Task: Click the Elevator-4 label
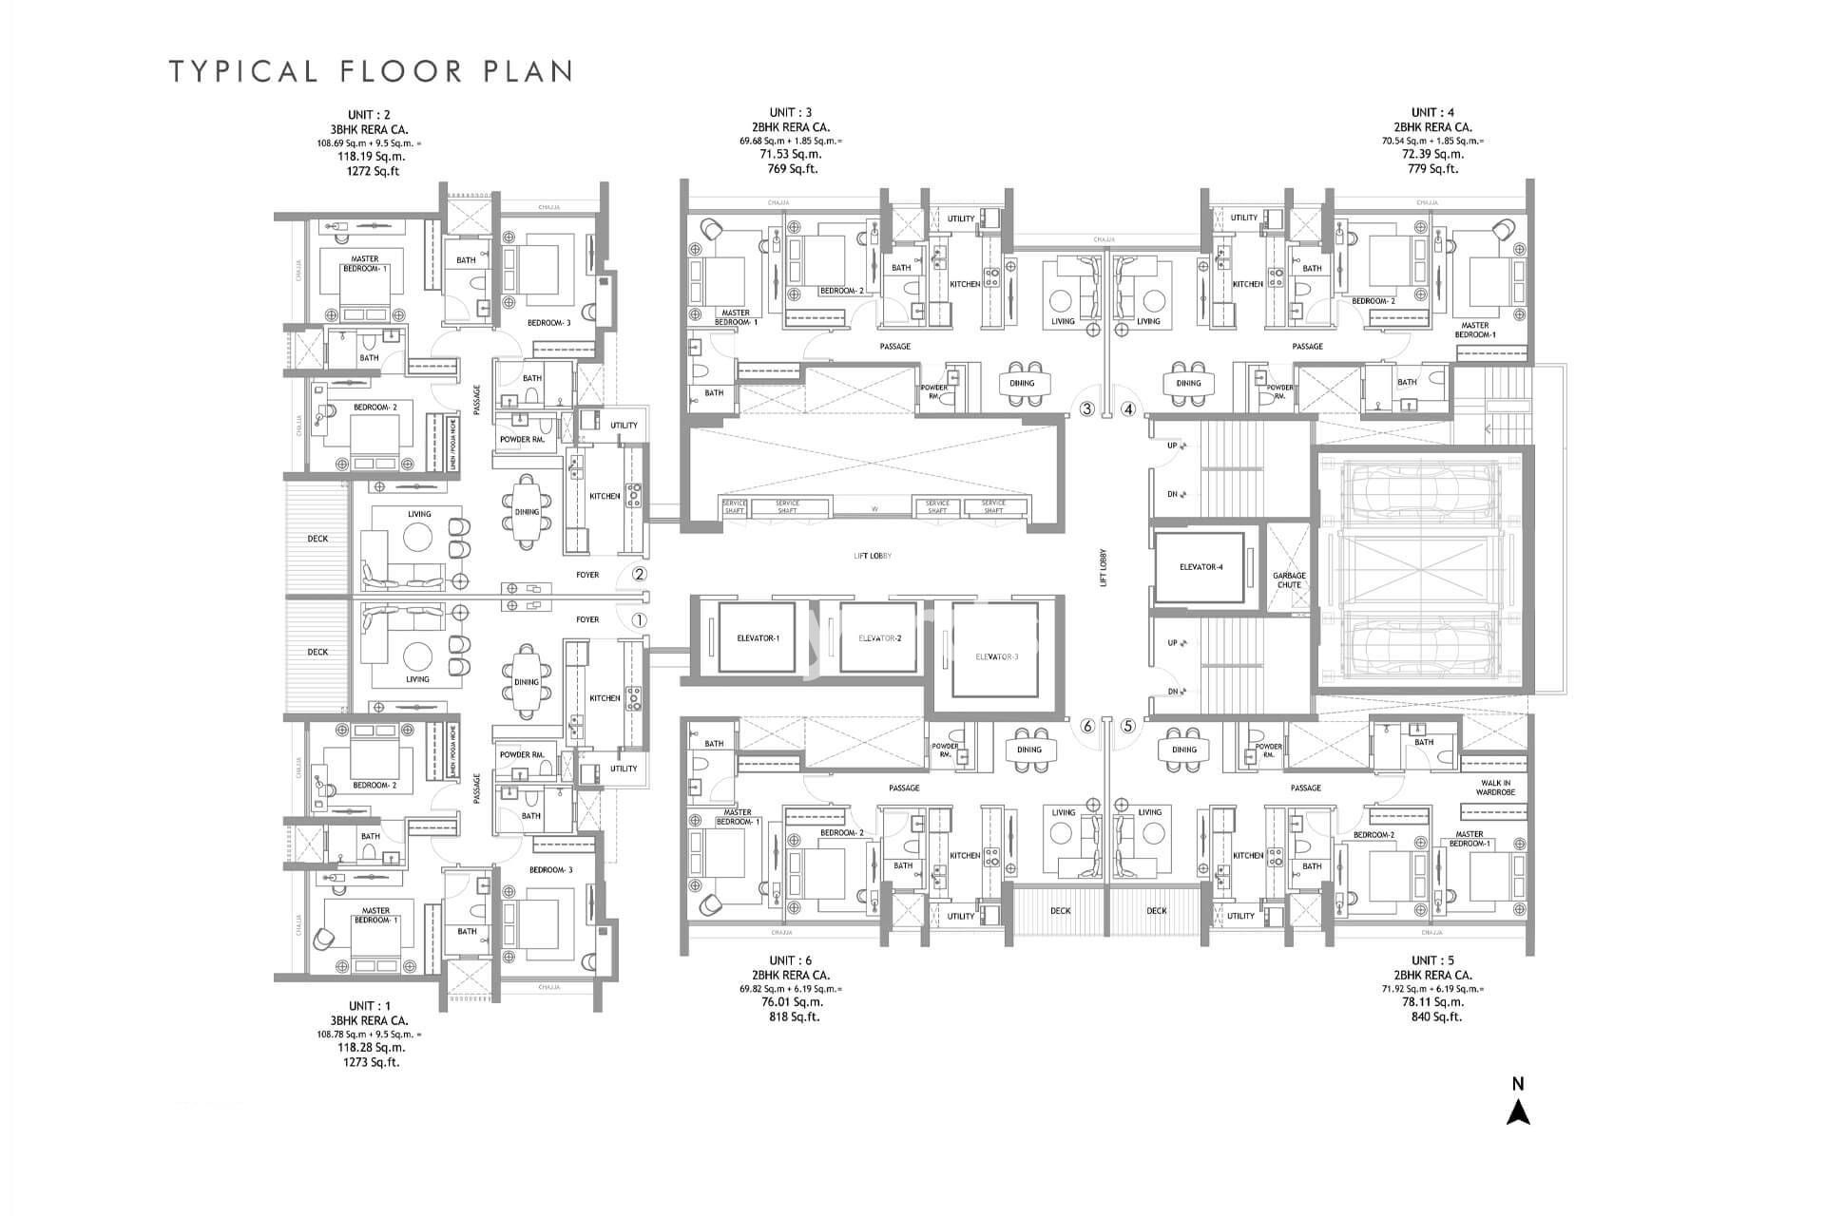click(x=1201, y=567)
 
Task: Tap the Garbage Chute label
click(x=1289, y=579)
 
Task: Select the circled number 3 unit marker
click(x=1087, y=410)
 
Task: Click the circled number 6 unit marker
click(x=1087, y=727)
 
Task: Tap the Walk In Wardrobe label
click(x=1495, y=788)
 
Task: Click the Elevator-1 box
click(x=758, y=637)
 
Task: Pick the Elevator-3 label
click(x=996, y=656)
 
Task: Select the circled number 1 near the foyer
click(x=639, y=619)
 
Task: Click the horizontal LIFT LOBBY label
click(x=872, y=556)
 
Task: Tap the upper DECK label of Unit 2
click(x=317, y=539)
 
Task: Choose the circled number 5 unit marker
click(x=1128, y=727)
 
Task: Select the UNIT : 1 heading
click(x=369, y=1006)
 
